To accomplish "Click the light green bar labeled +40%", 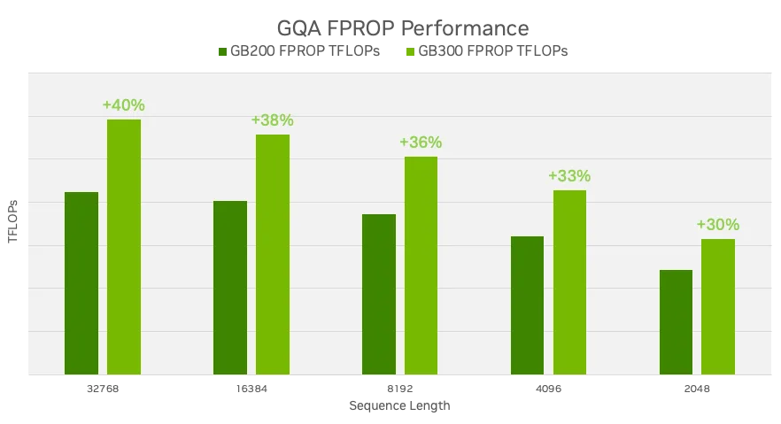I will [124, 246].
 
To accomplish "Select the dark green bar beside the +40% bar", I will [81, 283].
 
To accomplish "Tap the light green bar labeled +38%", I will [273, 254].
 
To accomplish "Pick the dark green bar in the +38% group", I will [230, 288].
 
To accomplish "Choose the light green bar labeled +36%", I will [421, 266].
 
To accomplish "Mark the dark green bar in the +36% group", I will [379, 294].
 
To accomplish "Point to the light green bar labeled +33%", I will [569, 281].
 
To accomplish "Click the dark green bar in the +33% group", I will [528, 305].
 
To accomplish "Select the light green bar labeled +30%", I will [718, 306].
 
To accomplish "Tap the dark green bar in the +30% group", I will [677, 322].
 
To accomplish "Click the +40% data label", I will [123, 105].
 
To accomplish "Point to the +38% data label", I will [272, 120].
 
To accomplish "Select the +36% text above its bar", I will [421, 143].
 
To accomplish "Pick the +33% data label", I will [569, 176].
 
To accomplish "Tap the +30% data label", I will [718, 225].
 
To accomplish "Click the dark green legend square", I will [221, 50].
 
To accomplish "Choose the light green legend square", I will [411, 50].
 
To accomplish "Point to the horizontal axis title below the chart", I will [399, 405].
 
